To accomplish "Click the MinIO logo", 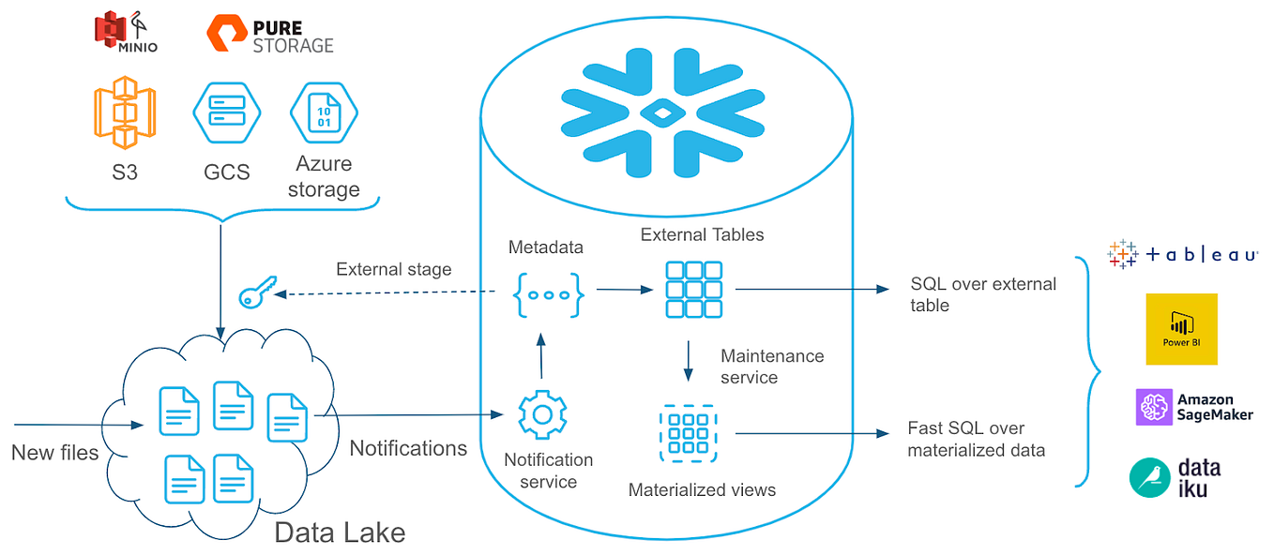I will coord(125,32).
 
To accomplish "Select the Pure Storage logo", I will coord(269,34).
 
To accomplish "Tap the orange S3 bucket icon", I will coord(124,115).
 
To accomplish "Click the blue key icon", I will coord(255,295).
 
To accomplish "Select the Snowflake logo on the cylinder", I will coord(663,115).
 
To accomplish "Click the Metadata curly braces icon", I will coord(549,293).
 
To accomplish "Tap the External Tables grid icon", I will coord(693,290).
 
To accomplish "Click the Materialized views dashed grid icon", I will coord(688,433).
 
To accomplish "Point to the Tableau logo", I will coord(1183,254).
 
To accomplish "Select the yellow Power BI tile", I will coord(1181,328).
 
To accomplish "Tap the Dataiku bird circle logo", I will coord(1149,476).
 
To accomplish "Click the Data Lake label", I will coord(340,532).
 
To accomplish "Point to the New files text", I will coord(54,453).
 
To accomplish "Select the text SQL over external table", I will coord(982,294).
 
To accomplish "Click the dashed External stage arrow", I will coord(385,293).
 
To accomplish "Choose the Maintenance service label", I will coord(771,367).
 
